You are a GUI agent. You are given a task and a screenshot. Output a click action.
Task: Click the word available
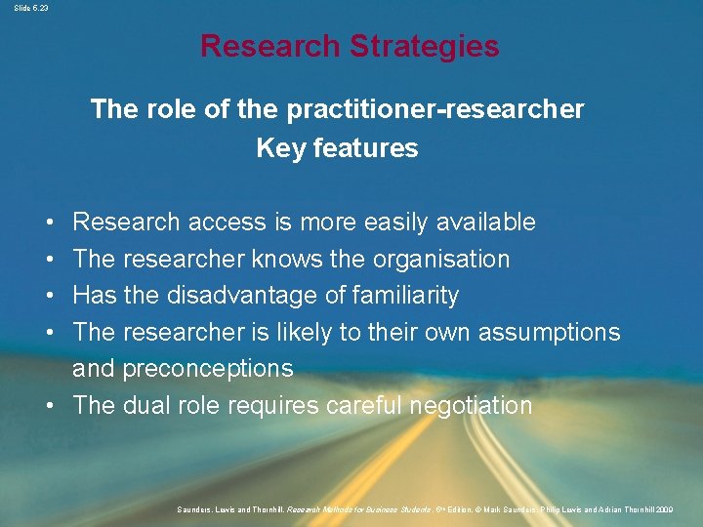488,223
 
